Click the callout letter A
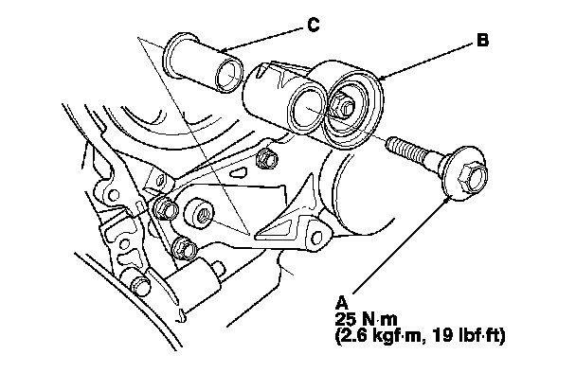(x=341, y=303)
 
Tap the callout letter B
(x=482, y=40)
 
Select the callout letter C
(x=313, y=25)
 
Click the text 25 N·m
(x=366, y=319)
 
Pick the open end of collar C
(x=229, y=75)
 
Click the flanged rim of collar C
(x=173, y=55)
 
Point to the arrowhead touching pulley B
(x=382, y=78)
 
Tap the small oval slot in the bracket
(x=239, y=171)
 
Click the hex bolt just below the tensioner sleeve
(x=268, y=159)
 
